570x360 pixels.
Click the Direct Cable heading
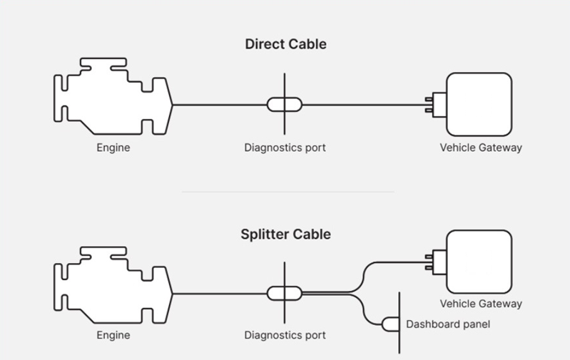coord(285,44)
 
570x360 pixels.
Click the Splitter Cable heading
coord(285,235)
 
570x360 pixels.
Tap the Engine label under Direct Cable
coord(113,148)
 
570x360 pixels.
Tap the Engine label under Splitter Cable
coord(113,335)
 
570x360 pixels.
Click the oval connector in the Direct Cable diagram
coord(285,105)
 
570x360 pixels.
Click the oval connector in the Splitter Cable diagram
coord(285,292)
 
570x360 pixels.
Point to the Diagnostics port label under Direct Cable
coord(285,148)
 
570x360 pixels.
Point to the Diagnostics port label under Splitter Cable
coord(285,335)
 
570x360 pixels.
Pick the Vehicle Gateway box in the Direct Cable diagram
coord(478,104)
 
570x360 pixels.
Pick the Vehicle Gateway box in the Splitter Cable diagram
coord(478,261)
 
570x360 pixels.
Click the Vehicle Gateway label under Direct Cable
coord(481,148)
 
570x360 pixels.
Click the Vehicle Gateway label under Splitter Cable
coord(481,304)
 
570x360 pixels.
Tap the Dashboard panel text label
coord(448,324)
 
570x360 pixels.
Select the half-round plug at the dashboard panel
coord(391,324)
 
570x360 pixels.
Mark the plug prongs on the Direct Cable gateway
coord(431,105)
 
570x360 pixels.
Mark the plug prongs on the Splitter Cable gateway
coord(431,261)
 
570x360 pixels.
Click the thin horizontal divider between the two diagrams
coord(287,192)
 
